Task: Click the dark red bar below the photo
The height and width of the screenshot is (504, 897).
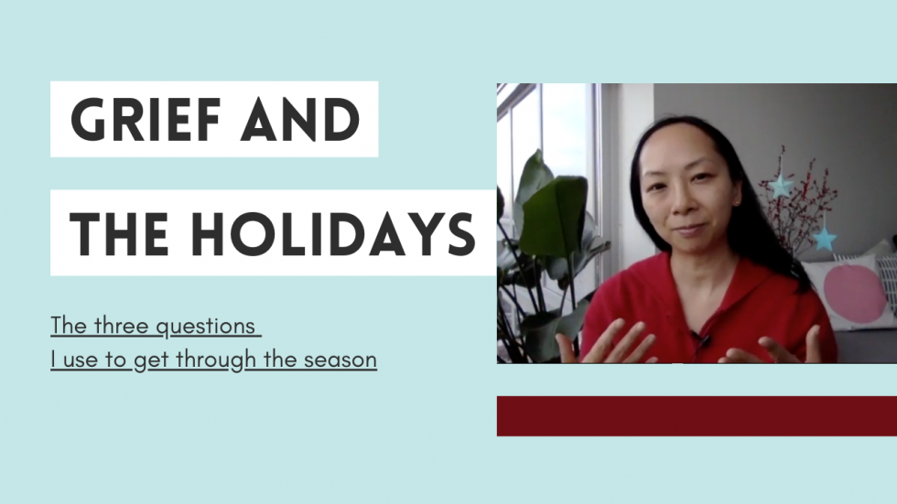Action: coord(697,415)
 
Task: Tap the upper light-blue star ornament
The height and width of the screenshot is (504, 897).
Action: coord(780,187)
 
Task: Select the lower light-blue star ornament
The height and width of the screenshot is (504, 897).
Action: coord(823,239)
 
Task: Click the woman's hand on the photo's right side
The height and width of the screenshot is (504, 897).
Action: coord(779,347)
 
